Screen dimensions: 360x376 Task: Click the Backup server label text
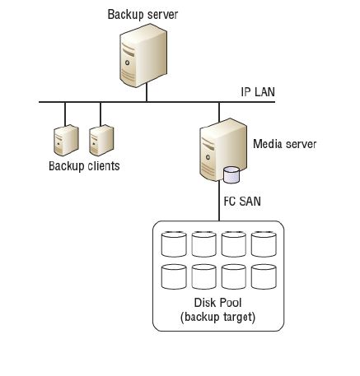(143, 15)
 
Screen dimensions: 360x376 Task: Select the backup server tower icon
(143, 55)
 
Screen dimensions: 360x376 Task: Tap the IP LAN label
(258, 92)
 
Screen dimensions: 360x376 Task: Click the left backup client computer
(66, 140)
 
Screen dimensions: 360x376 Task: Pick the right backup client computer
(101, 140)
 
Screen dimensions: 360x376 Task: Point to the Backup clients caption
(84, 166)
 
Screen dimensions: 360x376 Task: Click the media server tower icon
(223, 150)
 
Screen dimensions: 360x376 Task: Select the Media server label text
(284, 144)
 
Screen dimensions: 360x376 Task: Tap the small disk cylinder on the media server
(231, 174)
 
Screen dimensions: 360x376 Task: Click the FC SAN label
(242, 202)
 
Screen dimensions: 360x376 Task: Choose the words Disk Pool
(217, 303)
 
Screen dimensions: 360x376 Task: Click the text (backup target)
(217, 317)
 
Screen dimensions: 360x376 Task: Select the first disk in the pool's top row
(174, 244)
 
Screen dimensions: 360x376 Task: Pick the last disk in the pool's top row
(264, 244)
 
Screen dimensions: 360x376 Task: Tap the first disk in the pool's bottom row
(174, 276)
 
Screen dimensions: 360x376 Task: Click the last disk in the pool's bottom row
(264, 276)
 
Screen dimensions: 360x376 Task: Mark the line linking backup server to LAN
(147, 92)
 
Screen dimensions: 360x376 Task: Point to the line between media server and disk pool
(219, 201)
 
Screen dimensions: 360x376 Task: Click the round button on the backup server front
(127, 63)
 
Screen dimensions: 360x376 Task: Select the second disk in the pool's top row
(203, 244)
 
